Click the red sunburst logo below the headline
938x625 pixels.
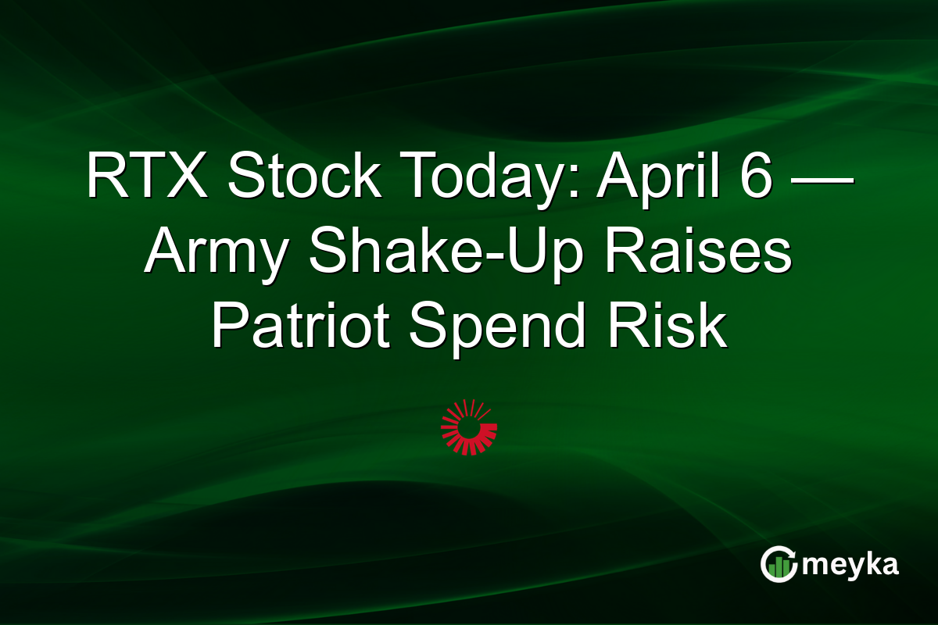(469, 427)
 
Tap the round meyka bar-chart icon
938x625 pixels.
(777, 564)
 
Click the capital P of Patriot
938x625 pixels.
(227, 328)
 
